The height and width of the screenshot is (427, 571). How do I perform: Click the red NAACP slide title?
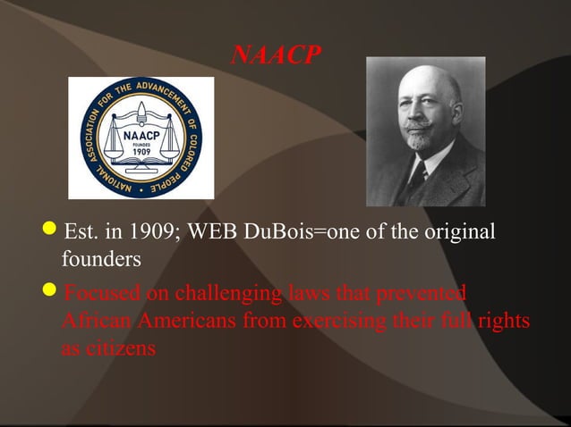pos(274,56)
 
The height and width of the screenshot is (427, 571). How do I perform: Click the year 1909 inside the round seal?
pos(141,152)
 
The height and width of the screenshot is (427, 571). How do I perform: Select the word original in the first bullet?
pos(457,234)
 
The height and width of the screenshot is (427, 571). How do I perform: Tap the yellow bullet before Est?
pos(53,233)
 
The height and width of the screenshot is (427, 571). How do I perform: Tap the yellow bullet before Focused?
pos(53,291)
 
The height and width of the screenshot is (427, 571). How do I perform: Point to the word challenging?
pos(233,293)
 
